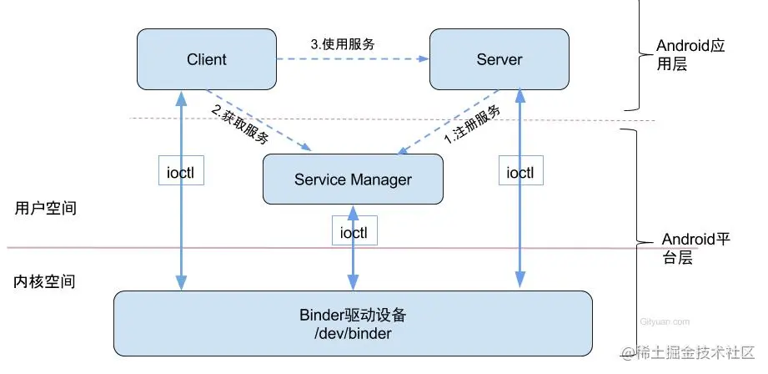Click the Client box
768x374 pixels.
(x=206, y=59)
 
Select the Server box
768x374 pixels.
(x=499, y=59)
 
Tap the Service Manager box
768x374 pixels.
(x=353, y=179)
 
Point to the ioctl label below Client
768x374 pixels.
(x=181, y=172)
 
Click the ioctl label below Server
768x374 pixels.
(x=520, y=172)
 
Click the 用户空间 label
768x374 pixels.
(x=46, y=208)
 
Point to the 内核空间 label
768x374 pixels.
(x=46, y=281)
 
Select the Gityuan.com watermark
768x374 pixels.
(x=665, y=321)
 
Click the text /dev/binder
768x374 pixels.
(x=353, y=334)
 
